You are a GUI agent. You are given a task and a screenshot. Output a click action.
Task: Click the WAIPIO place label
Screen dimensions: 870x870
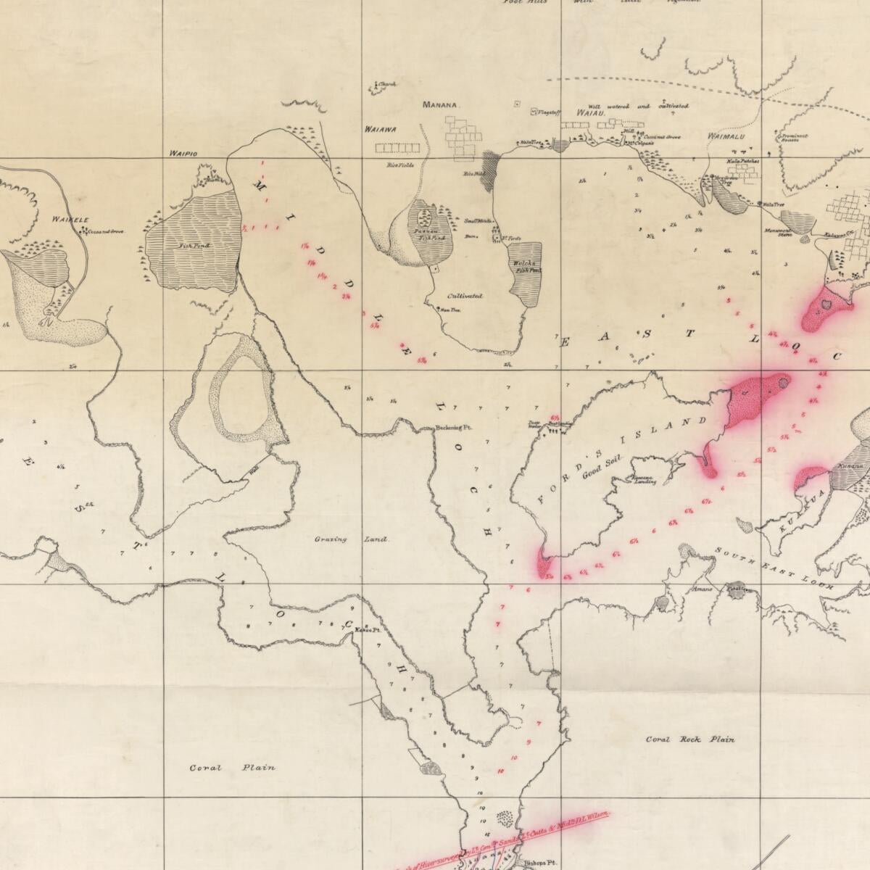pyautogui.click(x=183, y=154)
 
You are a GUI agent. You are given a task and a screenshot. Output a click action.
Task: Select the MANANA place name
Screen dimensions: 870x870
pyautogui.click(x=441, y=105)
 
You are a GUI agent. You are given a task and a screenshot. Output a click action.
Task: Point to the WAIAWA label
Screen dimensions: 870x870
pyautogui.click(x=380, y=130)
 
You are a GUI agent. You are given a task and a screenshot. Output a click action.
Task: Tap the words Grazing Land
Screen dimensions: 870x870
pyautogui.click(x=352, y=539)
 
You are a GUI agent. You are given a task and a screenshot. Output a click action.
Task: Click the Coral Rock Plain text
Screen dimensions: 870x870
pyautogui.click(x=690, y=739)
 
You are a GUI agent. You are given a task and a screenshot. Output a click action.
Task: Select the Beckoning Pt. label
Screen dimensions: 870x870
pyautogui.click(x=453, y=428)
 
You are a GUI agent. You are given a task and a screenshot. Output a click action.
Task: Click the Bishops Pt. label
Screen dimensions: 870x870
pyautogui.click(x=536, y=864)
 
